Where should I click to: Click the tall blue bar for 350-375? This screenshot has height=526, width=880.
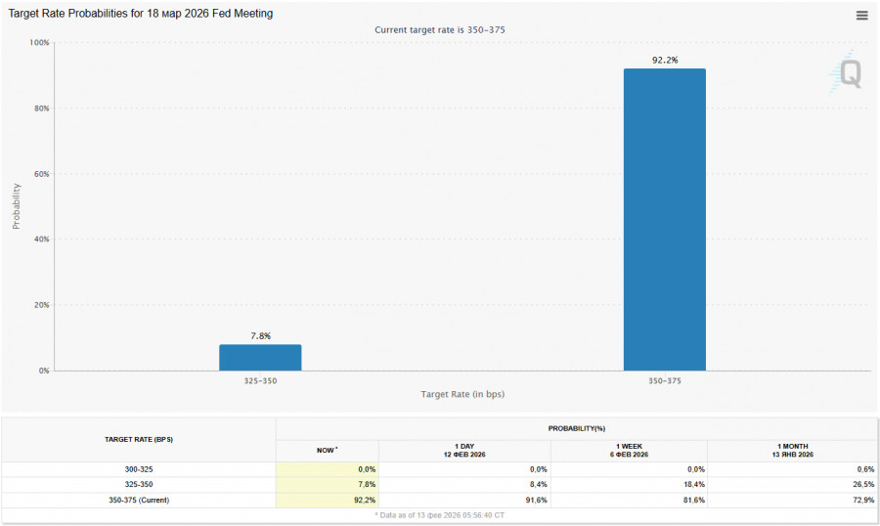tap(664, 219)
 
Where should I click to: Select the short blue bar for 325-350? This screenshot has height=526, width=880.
tap(260, 357)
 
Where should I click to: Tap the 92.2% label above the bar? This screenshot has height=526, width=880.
tap(664, 61)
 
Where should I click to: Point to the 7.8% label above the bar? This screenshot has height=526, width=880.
tap(260, 336)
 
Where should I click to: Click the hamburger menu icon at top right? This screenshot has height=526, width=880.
tap(861, 15)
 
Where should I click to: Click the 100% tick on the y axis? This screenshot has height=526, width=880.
tap(39, 43)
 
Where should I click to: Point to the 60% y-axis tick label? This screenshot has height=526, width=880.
tap(40, 174)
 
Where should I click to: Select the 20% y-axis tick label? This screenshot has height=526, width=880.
tap(40, 305)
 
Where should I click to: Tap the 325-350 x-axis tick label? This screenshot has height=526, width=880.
tap(260, 380)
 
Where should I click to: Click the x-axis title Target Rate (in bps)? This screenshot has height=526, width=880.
tap(462, 394)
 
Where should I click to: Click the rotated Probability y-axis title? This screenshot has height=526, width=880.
tap(17, 206)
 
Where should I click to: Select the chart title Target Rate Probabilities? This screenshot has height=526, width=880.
tap(141, 14)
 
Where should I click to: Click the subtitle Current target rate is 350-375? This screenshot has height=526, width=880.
tap(440, 30)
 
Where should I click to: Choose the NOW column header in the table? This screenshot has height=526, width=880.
tap(327, 450)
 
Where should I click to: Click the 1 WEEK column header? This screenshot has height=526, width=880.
tap(629, 450)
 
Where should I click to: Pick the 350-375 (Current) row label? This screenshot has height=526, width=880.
tap(138, 500)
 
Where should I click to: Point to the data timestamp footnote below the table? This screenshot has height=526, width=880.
tap(440, 514)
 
